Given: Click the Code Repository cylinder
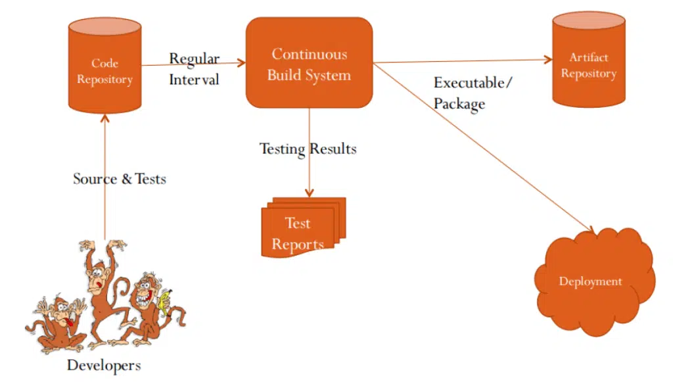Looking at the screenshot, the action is pos(104,66).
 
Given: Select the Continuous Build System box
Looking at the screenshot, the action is pos(309,62).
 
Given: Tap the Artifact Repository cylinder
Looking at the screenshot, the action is pos(588,60).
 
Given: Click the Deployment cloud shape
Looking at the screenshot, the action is pos(594,282).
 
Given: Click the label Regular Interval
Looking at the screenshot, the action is pos(194,69).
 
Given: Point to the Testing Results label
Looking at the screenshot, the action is pos(308,149).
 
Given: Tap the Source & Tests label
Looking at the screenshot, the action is pos(120,179).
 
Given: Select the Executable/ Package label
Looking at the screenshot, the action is pos(473,93).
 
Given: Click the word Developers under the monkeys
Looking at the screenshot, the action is pos(104,366).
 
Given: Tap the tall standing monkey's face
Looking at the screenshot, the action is pos(97,278).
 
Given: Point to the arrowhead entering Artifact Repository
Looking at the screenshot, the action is pos(548,60).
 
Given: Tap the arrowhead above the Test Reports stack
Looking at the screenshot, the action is pos(309,193).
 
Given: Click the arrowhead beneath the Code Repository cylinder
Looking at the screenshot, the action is pos(104,118).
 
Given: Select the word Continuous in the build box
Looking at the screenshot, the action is pos(310,54).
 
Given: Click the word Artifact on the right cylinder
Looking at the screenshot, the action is pos(588,57).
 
